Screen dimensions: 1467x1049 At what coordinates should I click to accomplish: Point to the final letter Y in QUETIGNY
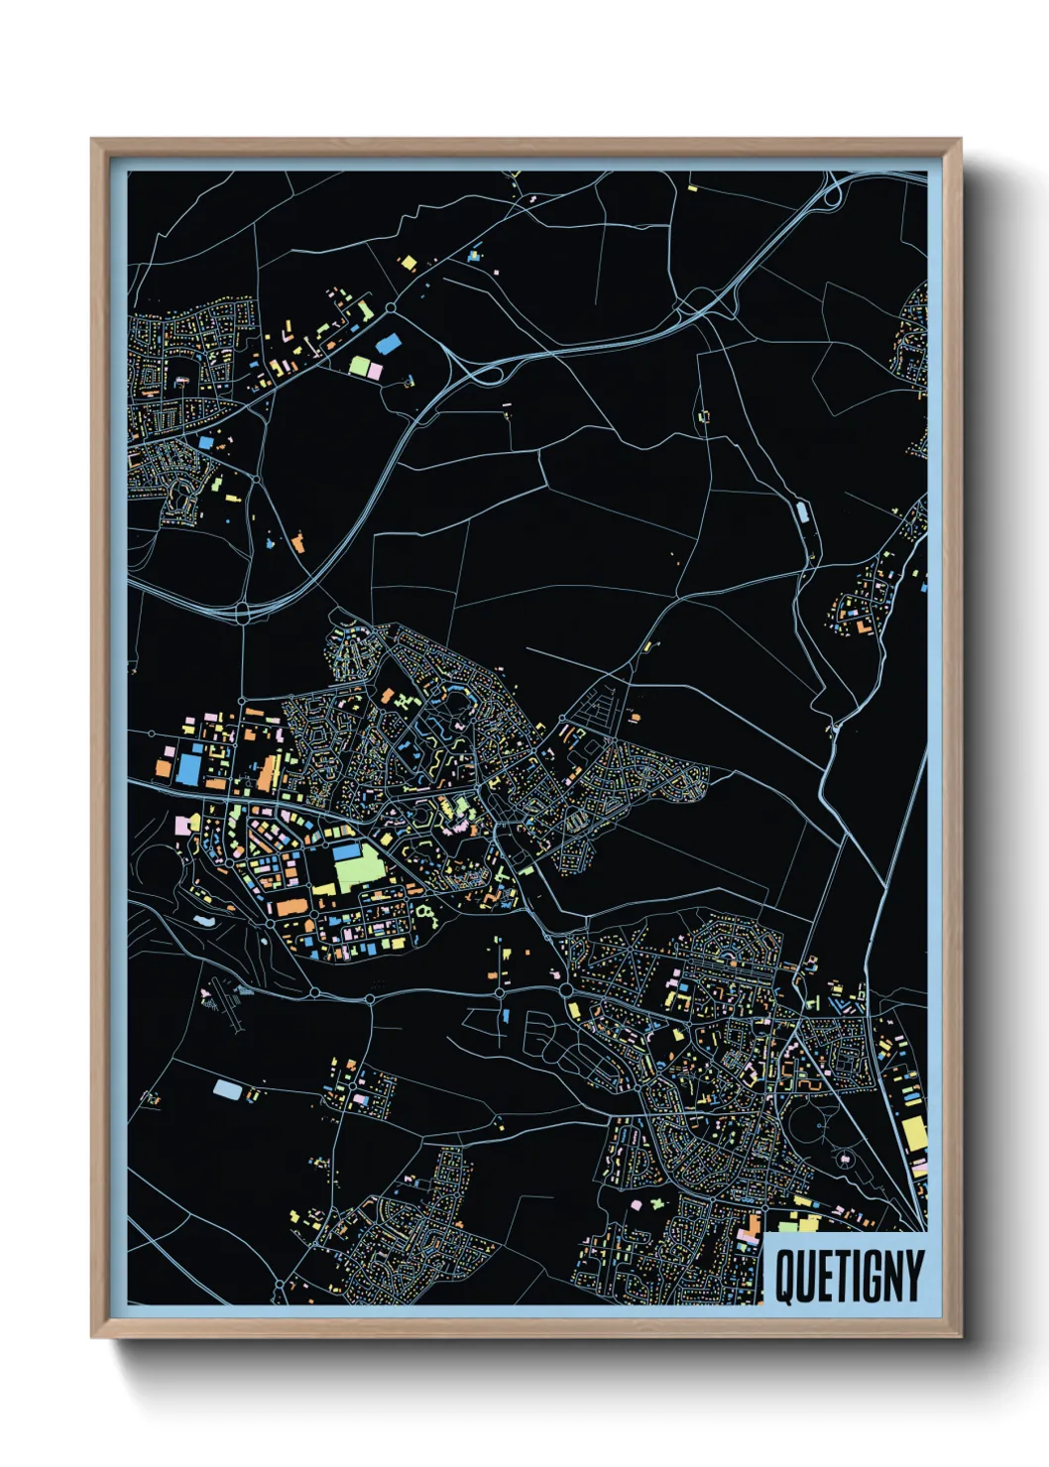pyautogui.click(x=913, y=1277)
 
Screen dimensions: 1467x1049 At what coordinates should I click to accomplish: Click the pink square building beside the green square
pyautogui.click(x=375, y=371)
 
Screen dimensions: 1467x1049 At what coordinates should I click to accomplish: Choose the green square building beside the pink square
pyautogui.click(x=359, y=367)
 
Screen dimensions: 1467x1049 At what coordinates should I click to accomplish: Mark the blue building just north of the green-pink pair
pyautogui.click(x=389, y=344)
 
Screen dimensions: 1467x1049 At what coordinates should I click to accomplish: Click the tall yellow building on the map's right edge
pyautogui.click(x=913, y=1134)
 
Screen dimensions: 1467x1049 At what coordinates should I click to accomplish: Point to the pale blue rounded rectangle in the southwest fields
pyautogui.click(x=227, y=1089)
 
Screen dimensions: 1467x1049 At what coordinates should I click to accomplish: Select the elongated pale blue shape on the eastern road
pyautogui.click(x=801, y=512)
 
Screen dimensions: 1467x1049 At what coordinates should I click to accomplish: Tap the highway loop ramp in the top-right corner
pyautogui.click(x=831, y=196)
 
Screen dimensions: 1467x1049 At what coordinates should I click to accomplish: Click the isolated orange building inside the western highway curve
pyautogui.click(x=297, y=541)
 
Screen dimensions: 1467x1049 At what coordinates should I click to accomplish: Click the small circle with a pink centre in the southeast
pyautogui.click(x=844, y=1158)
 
